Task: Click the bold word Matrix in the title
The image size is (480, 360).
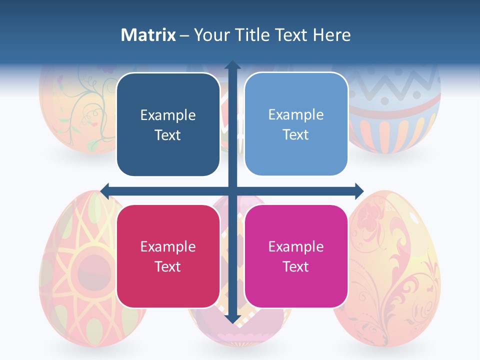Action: click(x=148, y=35)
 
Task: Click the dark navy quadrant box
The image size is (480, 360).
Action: click(x=168, y=124)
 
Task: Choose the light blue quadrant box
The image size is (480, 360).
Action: click(x=296, y=124)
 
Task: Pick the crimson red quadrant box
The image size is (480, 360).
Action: click(x=168, y=256)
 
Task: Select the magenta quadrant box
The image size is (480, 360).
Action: click(x=296, y=256)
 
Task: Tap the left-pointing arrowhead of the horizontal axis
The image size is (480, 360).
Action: click(x=105, y=190)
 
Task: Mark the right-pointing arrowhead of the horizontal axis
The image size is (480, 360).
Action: click(x=358, y=190)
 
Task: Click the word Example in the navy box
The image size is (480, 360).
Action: click(x=168, y=115)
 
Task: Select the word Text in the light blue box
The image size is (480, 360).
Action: click(x=296, y=134)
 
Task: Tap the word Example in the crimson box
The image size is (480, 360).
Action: click(x=168, y=247)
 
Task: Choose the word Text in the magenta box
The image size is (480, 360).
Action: click(x=296, y=266)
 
